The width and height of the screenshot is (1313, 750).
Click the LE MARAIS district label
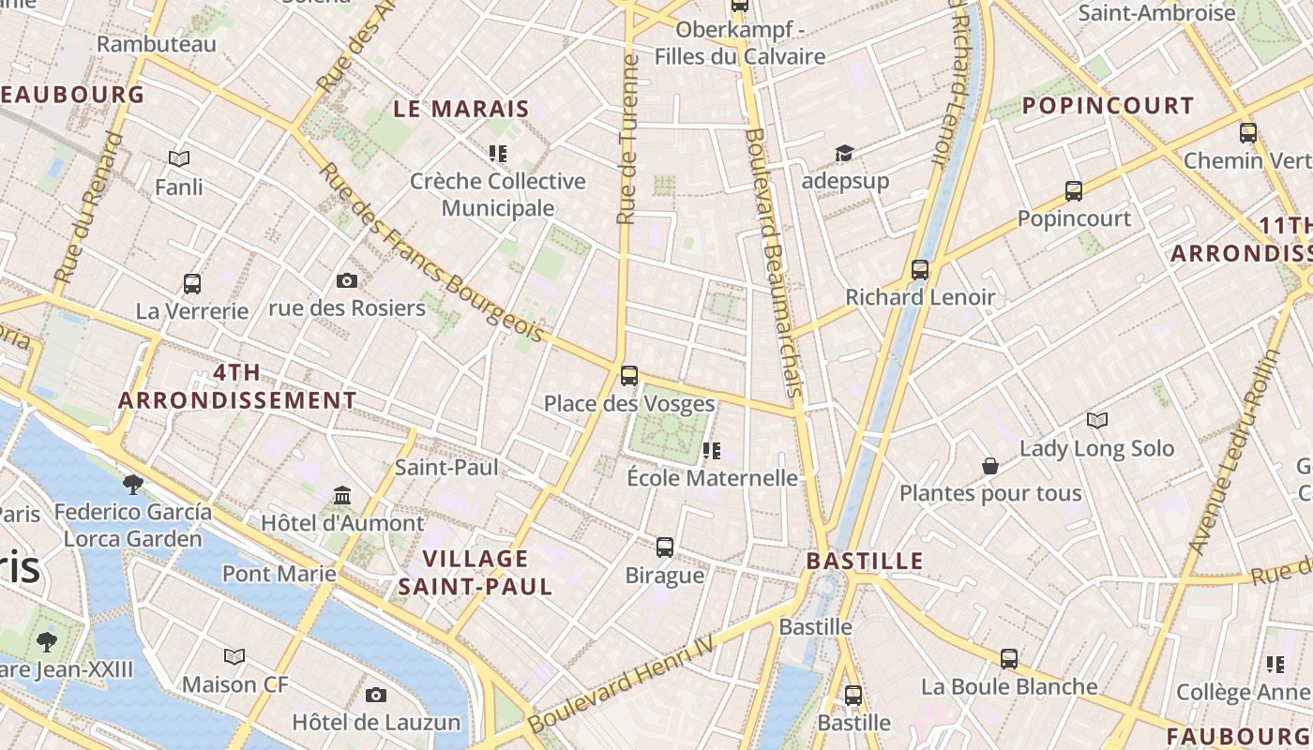[461, 109]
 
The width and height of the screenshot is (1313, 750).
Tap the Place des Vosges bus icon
[628, 376]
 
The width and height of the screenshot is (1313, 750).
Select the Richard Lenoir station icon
[920, 270]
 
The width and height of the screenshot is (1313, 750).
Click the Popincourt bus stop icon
[1074, 191]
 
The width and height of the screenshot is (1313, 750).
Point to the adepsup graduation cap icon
[845, 153]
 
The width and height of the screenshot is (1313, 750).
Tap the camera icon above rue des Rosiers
[347, 280]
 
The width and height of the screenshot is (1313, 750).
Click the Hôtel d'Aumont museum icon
[342, 495]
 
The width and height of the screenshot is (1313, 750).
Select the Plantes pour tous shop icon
[990, 466]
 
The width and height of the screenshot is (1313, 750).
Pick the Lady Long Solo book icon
[1096, 421]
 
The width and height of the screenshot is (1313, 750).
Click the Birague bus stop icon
[665, 547]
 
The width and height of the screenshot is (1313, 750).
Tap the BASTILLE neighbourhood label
[865, 562]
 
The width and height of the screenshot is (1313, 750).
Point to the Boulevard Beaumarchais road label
[775, 262]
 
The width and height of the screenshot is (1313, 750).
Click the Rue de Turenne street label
[627, 139]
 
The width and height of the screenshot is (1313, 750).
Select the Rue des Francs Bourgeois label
[431, 253]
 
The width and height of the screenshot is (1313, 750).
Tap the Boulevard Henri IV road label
[621, 684]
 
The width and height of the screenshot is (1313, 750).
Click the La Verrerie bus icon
[192, 283]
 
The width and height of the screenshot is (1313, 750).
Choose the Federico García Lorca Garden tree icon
[132, 484]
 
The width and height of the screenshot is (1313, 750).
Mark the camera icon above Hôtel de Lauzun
[376, 695]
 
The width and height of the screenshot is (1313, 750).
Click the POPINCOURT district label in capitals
[1108, 106]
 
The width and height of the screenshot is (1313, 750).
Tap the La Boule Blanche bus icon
[1009, 659]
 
